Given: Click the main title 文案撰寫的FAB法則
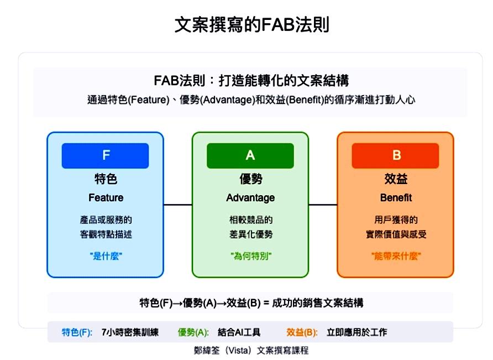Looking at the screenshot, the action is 252,25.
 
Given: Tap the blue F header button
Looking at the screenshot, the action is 106,156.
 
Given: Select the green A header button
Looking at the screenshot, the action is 250,156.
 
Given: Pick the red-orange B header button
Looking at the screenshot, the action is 396,156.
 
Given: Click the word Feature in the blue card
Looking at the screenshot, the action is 106,197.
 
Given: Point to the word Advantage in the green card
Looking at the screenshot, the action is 250,198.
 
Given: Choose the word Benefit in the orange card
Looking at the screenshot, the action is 396,197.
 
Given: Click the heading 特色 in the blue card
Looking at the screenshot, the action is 106,179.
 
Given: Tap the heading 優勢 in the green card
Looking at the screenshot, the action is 250,179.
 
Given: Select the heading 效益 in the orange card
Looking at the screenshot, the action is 396,179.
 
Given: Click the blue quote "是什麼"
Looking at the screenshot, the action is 106,256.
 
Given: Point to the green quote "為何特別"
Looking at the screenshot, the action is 251,256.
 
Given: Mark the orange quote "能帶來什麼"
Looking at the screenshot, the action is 396,256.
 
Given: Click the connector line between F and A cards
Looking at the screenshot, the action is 178,205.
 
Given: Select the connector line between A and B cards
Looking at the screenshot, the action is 323,205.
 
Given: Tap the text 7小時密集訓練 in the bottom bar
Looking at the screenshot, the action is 130,332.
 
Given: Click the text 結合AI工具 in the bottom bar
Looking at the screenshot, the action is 239,332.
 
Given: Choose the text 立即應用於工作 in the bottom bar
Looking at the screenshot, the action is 357,332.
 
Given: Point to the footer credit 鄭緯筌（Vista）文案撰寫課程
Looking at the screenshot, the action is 251,351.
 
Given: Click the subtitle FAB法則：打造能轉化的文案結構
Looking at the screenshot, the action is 251,81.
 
